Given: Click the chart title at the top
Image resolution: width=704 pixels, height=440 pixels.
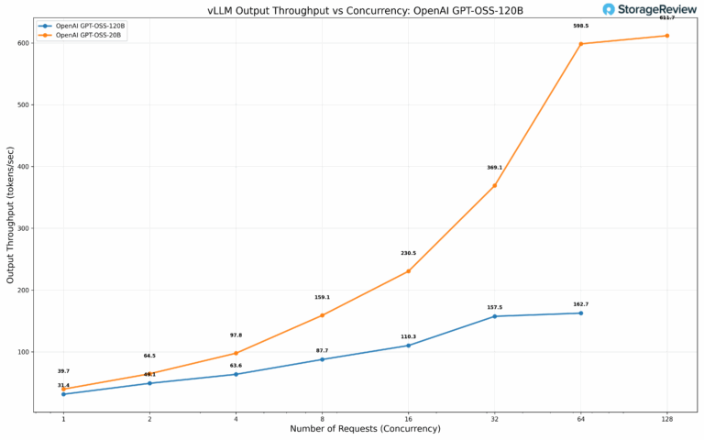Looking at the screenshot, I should (352, 10).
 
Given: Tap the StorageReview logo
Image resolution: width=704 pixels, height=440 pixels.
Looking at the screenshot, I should (650, 9).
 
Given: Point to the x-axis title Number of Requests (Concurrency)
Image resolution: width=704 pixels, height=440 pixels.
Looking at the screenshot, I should (365, 429).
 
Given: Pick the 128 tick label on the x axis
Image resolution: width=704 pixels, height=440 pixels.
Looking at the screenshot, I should (666, 418).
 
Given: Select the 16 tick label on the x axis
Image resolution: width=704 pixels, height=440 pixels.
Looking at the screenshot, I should (408, 418).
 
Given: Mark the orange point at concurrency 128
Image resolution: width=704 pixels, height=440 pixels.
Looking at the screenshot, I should (666, 36).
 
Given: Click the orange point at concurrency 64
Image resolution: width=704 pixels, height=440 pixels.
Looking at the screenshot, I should (580, 44).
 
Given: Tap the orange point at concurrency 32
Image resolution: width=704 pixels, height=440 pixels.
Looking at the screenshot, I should (495, 185).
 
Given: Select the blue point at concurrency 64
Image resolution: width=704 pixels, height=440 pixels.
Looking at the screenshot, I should (580, 313).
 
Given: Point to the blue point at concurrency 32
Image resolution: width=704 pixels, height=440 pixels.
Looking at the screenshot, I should (495, 316).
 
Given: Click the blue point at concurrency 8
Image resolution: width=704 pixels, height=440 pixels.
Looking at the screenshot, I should (322, 359).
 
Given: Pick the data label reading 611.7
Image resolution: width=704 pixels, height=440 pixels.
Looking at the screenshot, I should (666, 17).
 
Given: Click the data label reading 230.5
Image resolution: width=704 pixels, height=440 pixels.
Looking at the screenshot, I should (408, 253).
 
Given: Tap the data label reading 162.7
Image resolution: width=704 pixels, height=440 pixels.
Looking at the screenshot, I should (580, 304).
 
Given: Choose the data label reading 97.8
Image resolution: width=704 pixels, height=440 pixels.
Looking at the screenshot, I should (236, 335).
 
